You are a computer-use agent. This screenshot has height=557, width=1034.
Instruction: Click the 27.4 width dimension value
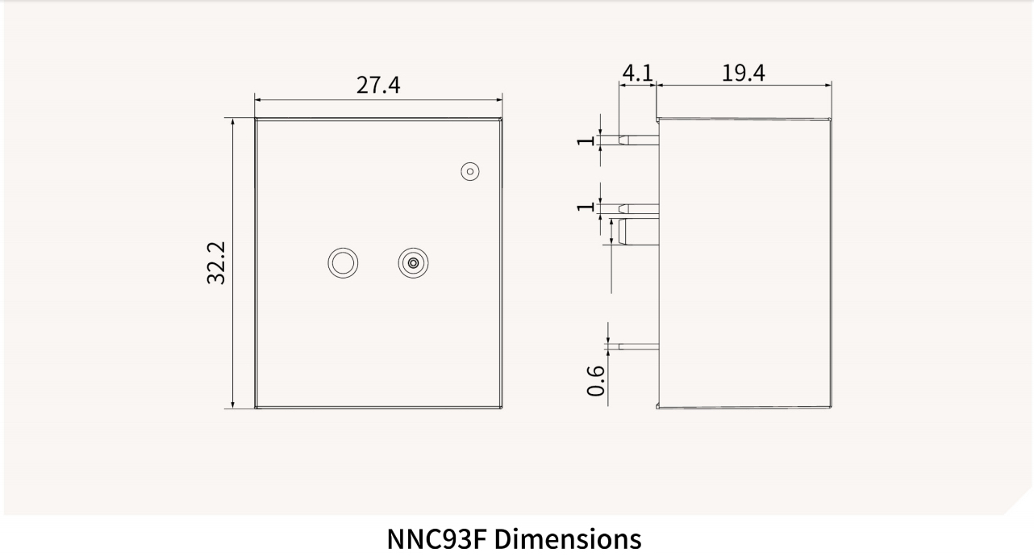[x=378, y=85]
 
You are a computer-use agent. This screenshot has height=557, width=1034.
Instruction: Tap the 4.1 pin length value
[x=637, y=73]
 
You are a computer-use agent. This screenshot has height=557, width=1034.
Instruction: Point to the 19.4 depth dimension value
[x=743, y=73]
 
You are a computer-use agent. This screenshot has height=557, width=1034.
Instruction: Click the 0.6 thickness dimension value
[x=596, y=380]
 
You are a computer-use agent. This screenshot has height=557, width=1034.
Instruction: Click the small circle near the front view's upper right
[x=470, y=171]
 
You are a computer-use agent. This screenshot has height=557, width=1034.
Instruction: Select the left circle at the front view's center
[x=343, y=262]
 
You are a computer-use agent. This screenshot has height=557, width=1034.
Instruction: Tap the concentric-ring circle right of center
[x=413, y=262]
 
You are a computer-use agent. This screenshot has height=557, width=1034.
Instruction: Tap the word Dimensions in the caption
[x=567, y=538]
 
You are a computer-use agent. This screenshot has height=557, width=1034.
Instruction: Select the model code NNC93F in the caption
[x=436, y=538]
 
